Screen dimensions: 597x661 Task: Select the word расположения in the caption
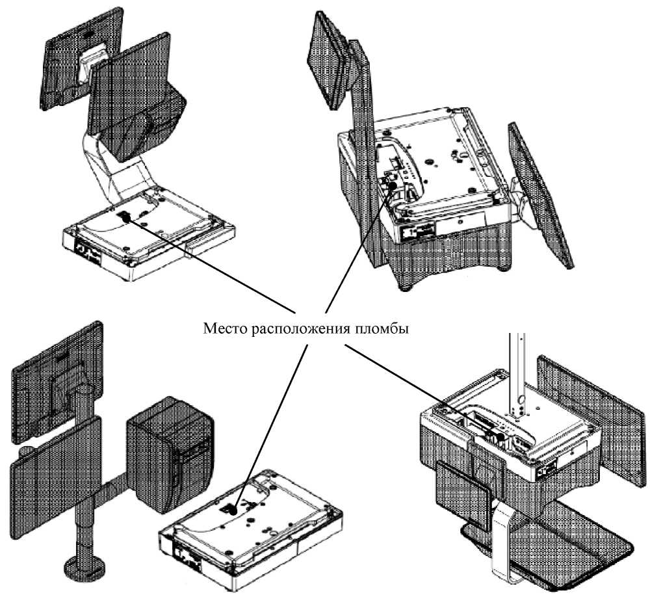[297, 328]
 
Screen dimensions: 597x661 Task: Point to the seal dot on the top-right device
[393, 185]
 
